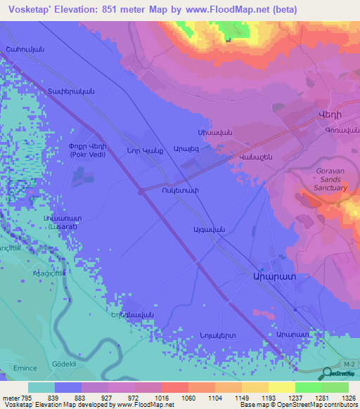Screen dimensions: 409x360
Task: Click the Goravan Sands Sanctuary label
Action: point(328,179)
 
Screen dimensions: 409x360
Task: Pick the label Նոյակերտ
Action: point(217,335)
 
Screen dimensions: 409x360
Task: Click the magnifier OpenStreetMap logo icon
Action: point(327,373)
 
